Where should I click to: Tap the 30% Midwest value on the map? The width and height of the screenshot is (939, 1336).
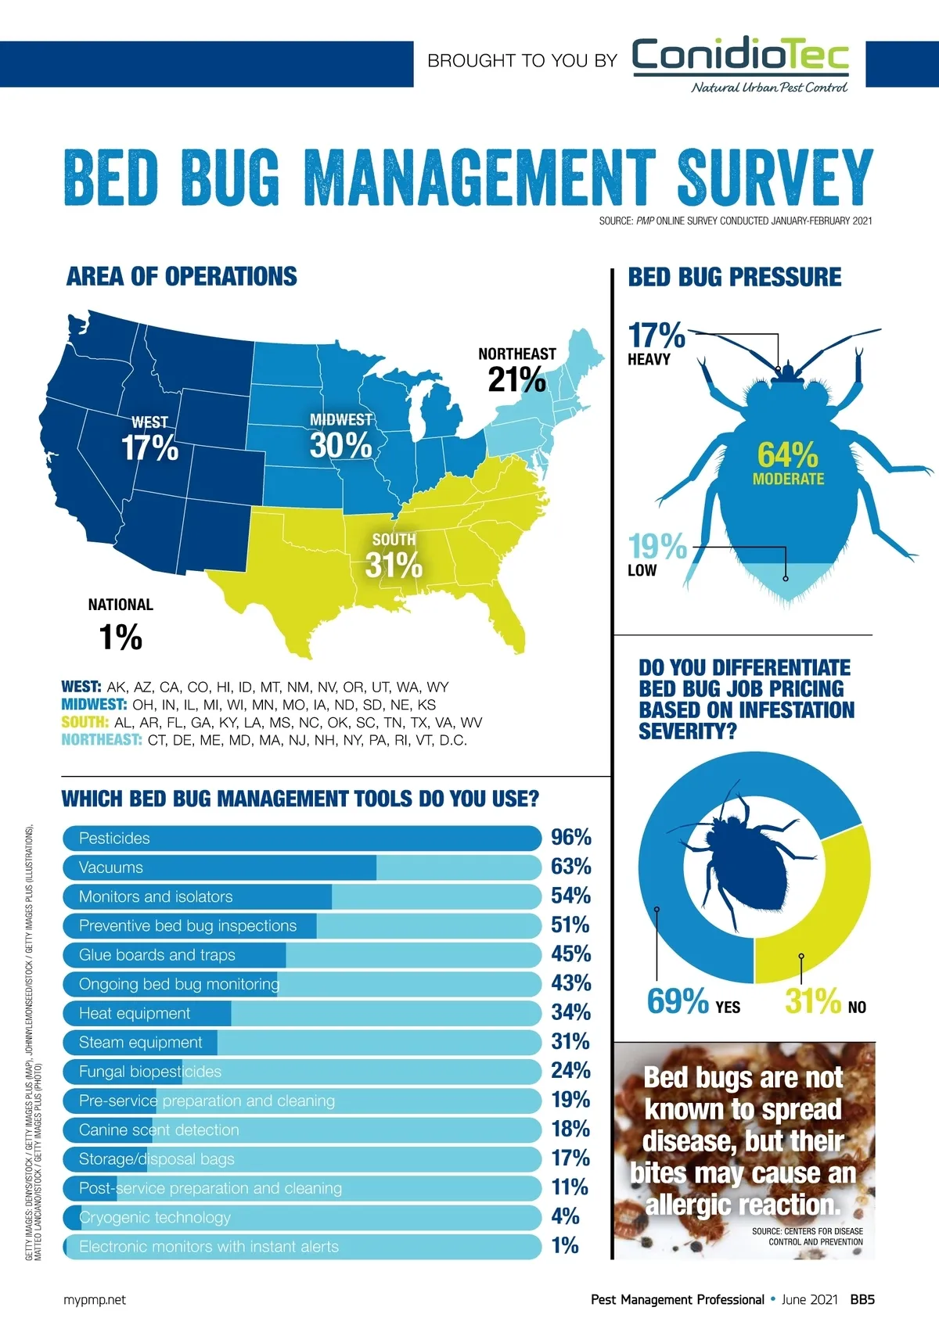[x=340, y=446]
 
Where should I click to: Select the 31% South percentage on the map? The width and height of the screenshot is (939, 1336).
[x=394, y=564]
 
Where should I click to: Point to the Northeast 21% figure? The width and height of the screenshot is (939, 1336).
[x=516, y=380]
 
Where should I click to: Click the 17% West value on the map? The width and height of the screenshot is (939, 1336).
[x=149, y=448]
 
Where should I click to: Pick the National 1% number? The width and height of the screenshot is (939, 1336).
[x=121, y=637]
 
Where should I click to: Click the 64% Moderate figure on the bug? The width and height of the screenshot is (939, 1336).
[x=787, y=455]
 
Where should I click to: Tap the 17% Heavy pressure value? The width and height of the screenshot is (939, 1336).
[x=657, y=336]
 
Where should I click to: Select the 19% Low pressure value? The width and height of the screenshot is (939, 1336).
[x=657, y=547]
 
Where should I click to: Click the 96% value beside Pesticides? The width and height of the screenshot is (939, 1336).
[x=570, y=838]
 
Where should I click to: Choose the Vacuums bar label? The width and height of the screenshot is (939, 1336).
[x=111, y=867]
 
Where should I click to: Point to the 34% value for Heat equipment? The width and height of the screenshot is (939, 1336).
[x=570, y=1012]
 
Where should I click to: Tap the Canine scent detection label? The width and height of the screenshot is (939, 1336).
[x=159, y=1129]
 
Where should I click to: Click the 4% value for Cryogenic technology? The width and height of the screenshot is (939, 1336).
[x=565, y=1216]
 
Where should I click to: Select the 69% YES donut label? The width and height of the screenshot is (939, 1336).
[x=678, y=1001]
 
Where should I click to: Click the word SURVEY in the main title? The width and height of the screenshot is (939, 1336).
[x=774, y=178]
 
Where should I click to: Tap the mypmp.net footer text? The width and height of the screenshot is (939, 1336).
[x=94, y=1300]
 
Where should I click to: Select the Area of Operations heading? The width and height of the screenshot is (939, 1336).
[x=182, y=277]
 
